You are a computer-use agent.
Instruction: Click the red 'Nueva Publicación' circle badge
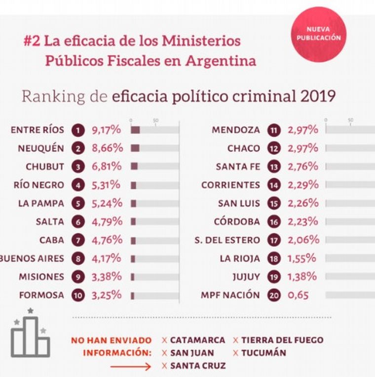pyautogui.click(x=318, y=34)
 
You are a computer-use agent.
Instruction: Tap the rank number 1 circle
pyautogui.click(x=78, y=130)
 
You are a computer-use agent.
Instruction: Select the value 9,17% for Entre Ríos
pyautogui.click(x=107, y=130)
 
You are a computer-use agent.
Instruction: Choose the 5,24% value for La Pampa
pyautogui.click(x=106, y=204)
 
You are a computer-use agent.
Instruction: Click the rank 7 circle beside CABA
pyautogui.click(x=78, y=241)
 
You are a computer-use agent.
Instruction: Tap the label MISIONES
pyautogui.click(x=42, y=277)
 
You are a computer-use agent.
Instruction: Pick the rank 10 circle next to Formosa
pyautogui.click(x=78, y=295)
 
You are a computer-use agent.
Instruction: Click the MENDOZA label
pyautogui.click(x=235, y=130)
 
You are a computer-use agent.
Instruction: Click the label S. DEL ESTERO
pyautogui.click(x=227, y=241)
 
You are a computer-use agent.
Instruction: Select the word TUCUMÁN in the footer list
pyautogui.click(x=264, y=353)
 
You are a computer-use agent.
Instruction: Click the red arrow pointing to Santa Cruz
pyautogui.click(x=130, y=367)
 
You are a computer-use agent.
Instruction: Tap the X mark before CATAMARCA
pyautogui.click(x=164, y=340)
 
